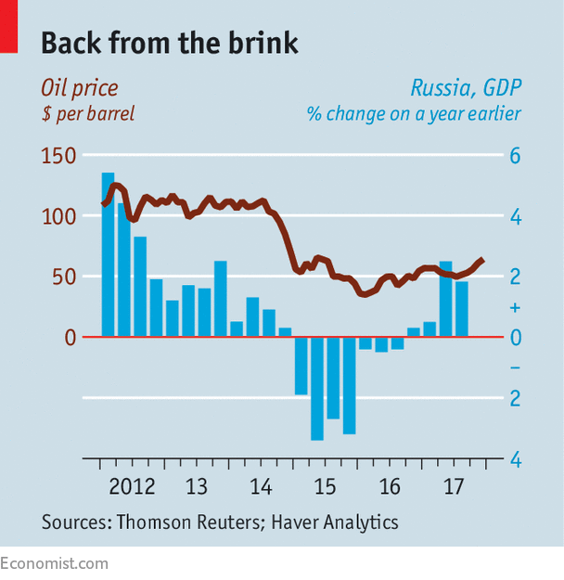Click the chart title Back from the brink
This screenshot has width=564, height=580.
click(169, 44)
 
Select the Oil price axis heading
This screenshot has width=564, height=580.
click(79, 89)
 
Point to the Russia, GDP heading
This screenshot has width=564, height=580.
click(466, 89)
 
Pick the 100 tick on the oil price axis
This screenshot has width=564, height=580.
click(58, 216)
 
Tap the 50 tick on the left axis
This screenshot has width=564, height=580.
click(63, 277)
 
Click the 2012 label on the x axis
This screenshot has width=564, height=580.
click(131, 486)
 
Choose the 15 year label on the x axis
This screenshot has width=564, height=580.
click(325, 486)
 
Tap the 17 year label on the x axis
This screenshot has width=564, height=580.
click(454, 486)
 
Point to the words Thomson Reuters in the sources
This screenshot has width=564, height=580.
click(189, 522)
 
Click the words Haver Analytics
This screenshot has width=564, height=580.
click(335, 522)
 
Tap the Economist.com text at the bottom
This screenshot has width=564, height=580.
click(55, 563)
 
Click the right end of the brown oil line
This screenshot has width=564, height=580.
click(481, 260)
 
